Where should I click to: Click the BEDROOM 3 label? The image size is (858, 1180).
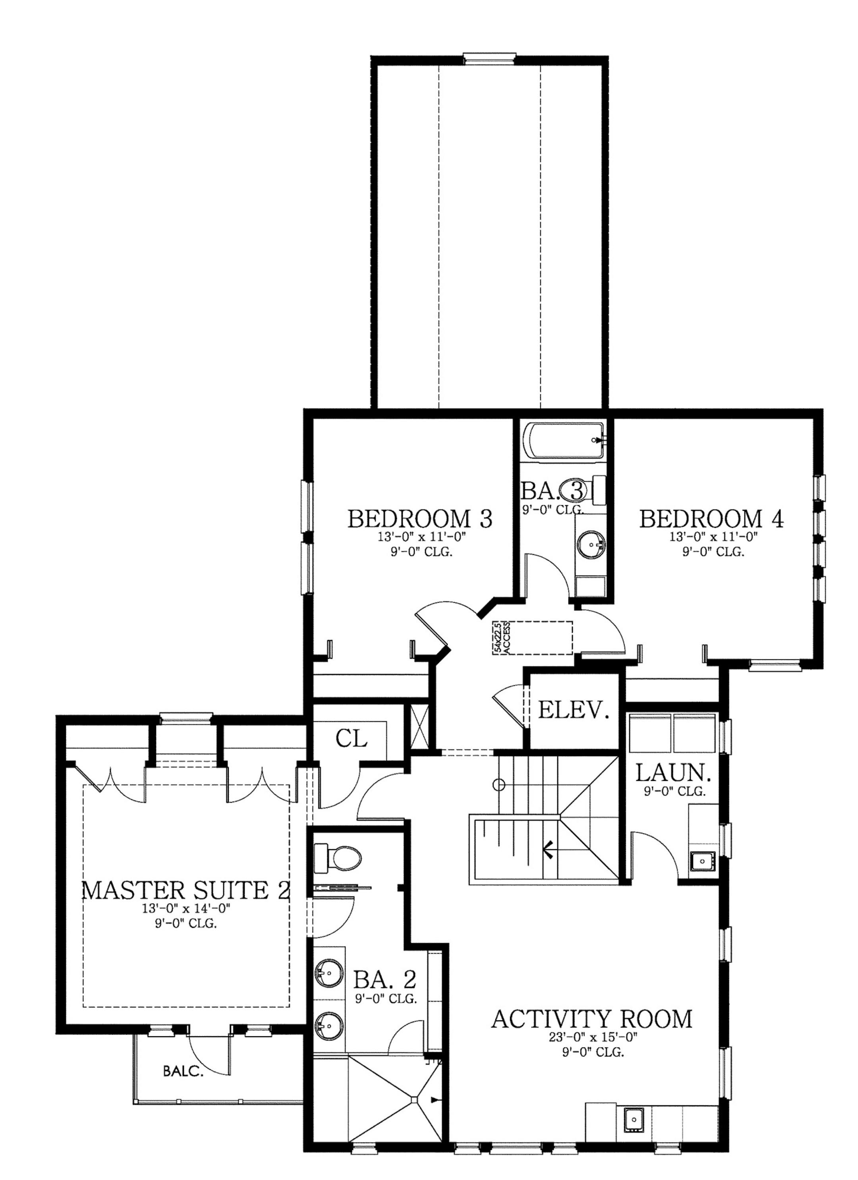(x=419, y=519)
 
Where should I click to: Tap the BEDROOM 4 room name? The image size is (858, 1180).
(x=711, y=519)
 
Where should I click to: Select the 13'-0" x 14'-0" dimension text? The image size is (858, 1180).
(x=186, y=908)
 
